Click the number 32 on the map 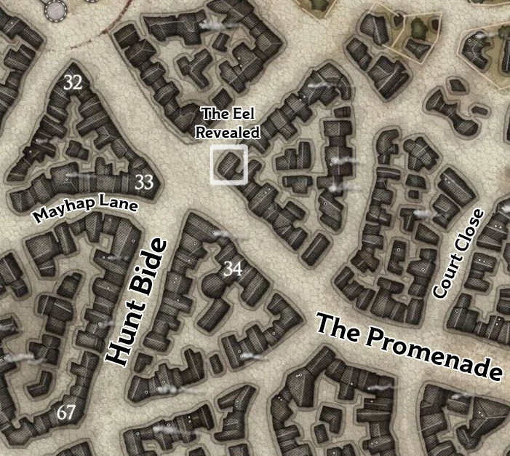[73, 82]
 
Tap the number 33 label [145, 182]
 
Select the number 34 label [233, 269]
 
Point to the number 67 [66, 413]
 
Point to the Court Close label [458, 253]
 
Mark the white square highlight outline [212, 165]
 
